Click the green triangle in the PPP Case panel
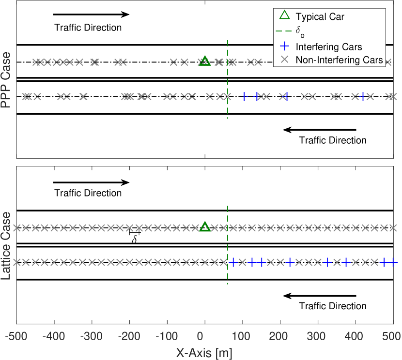(x=205, y=61)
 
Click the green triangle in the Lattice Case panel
(x=205, y=227)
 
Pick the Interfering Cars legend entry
(x=328, y=47)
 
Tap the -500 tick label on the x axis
(x=16, y=336)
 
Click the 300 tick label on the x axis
(x=318, y=336)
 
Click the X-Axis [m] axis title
(x=204, y=353)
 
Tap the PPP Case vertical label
(x=7, y=84)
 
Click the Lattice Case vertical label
(x=7, y=246)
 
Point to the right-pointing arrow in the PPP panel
(x=92, y=15)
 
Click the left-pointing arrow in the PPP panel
(x=320, y=130)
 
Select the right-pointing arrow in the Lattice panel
(x=92, y=182)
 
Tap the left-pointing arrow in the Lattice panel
(x=320, y=296)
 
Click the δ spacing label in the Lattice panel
(x=135, y=239)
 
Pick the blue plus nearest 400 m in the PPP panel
(x=363, y=96)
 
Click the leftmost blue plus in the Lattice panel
(x=233, y=262)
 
